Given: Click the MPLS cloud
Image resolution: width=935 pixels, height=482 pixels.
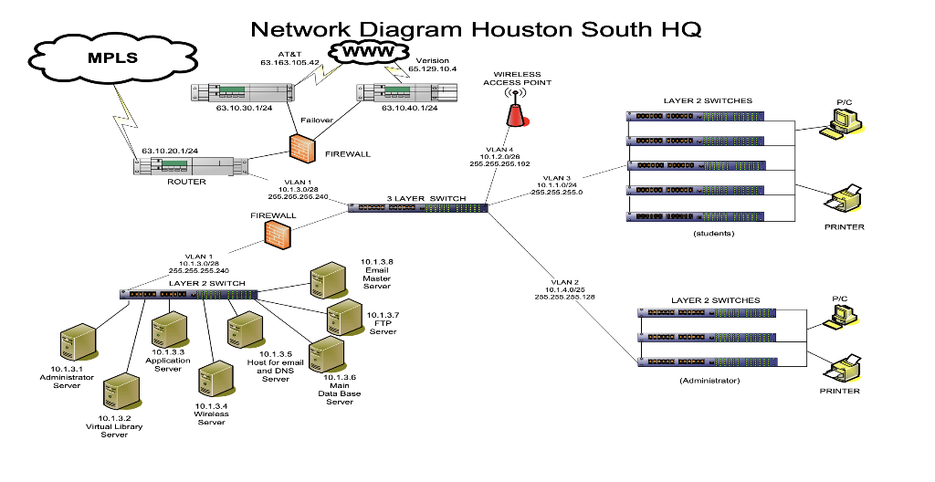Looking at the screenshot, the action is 112,58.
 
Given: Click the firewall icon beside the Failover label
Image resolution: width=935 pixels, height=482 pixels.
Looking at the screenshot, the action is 302,147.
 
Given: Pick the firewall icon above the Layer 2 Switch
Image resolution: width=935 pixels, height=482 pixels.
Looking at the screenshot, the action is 278,234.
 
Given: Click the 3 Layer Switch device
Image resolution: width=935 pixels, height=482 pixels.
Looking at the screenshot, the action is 418,207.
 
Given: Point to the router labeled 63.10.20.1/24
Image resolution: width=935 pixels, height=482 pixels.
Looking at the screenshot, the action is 190,166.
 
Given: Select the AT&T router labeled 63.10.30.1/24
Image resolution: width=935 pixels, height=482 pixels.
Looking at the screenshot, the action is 243,93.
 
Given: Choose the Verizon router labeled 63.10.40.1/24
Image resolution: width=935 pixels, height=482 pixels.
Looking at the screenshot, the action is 406,93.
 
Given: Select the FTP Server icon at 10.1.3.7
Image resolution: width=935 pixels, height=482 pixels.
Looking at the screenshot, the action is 343,317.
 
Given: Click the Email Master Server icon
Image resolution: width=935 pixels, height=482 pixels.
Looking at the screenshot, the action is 328,279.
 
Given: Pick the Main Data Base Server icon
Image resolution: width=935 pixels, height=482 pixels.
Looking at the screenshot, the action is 327,354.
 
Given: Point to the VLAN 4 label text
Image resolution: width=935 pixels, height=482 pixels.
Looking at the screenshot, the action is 499,150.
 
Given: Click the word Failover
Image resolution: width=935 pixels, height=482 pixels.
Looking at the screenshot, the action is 317,120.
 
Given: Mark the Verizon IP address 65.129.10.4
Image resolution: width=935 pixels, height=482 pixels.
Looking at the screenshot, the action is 432,69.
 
